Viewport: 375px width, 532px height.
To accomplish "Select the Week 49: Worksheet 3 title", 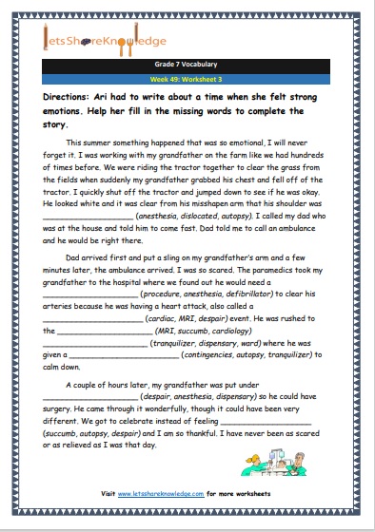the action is point(187,81).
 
